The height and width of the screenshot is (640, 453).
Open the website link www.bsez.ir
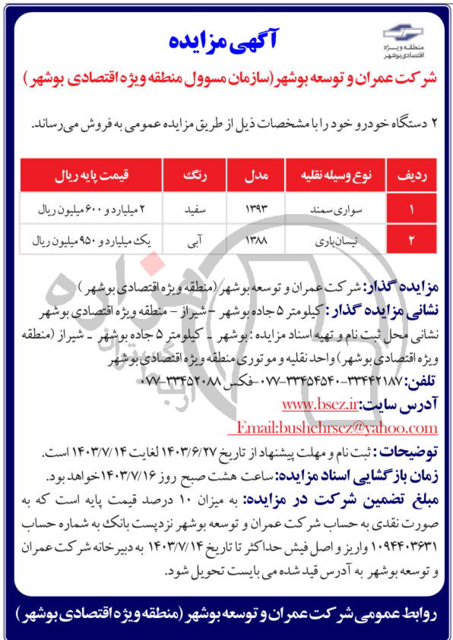[x=320, y=404]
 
